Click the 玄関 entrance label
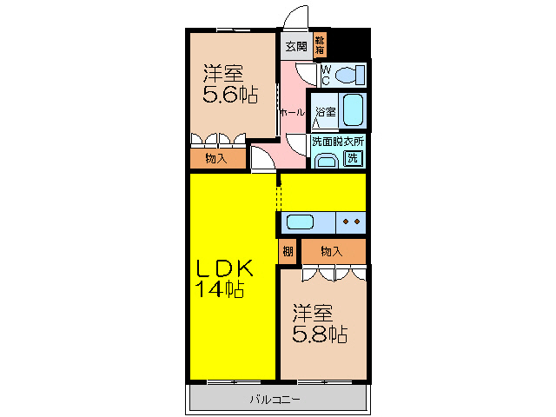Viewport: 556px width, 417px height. pyautogui.click(x=296, y=46)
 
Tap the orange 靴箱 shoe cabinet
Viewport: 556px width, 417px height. pyautogui.click(x=320, y=45)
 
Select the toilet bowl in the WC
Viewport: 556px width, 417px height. pyautogui.click(x=350, y=76)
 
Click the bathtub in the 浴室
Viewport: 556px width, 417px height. pyautogui.click(x=354, y=110)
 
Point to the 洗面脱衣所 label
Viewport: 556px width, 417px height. pyautogui.click(x=338, y=141)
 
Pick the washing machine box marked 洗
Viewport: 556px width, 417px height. pyautogui.click(x=353, y=158)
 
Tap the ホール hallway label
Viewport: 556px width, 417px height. pyautogui.click(x=293, y=113)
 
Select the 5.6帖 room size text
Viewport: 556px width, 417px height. pyautogui.click(x=229, y=95)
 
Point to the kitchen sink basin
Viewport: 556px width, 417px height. pyautogui.click(x=300, y=222)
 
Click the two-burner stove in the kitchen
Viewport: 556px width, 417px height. pyautogui.click(x=351, y=222)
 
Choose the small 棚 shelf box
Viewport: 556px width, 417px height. pyautogui.click(x=288, y=251)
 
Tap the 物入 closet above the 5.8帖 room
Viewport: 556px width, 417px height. pyautogui.click(x=334, y=251)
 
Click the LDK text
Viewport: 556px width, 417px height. pyautogui.click(x=225, y=268)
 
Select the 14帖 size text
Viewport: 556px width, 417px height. pyautogui.click(x=220, y=289)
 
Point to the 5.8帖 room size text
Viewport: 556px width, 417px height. pyautogui.click(x=320, y=334)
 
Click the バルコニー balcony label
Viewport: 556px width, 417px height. pyautogui.click(x=275, y=400)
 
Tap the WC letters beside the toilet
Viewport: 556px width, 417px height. pyautogui.click(x=326, y=76)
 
